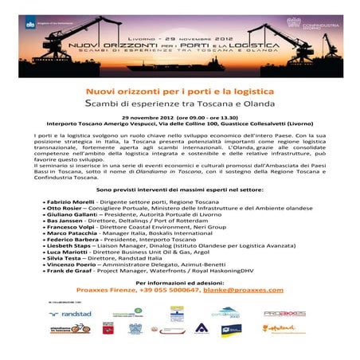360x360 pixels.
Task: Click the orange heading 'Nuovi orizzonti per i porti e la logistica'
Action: (x=179, y=93)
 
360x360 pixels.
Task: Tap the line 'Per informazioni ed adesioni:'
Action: (x=179, y=283)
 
